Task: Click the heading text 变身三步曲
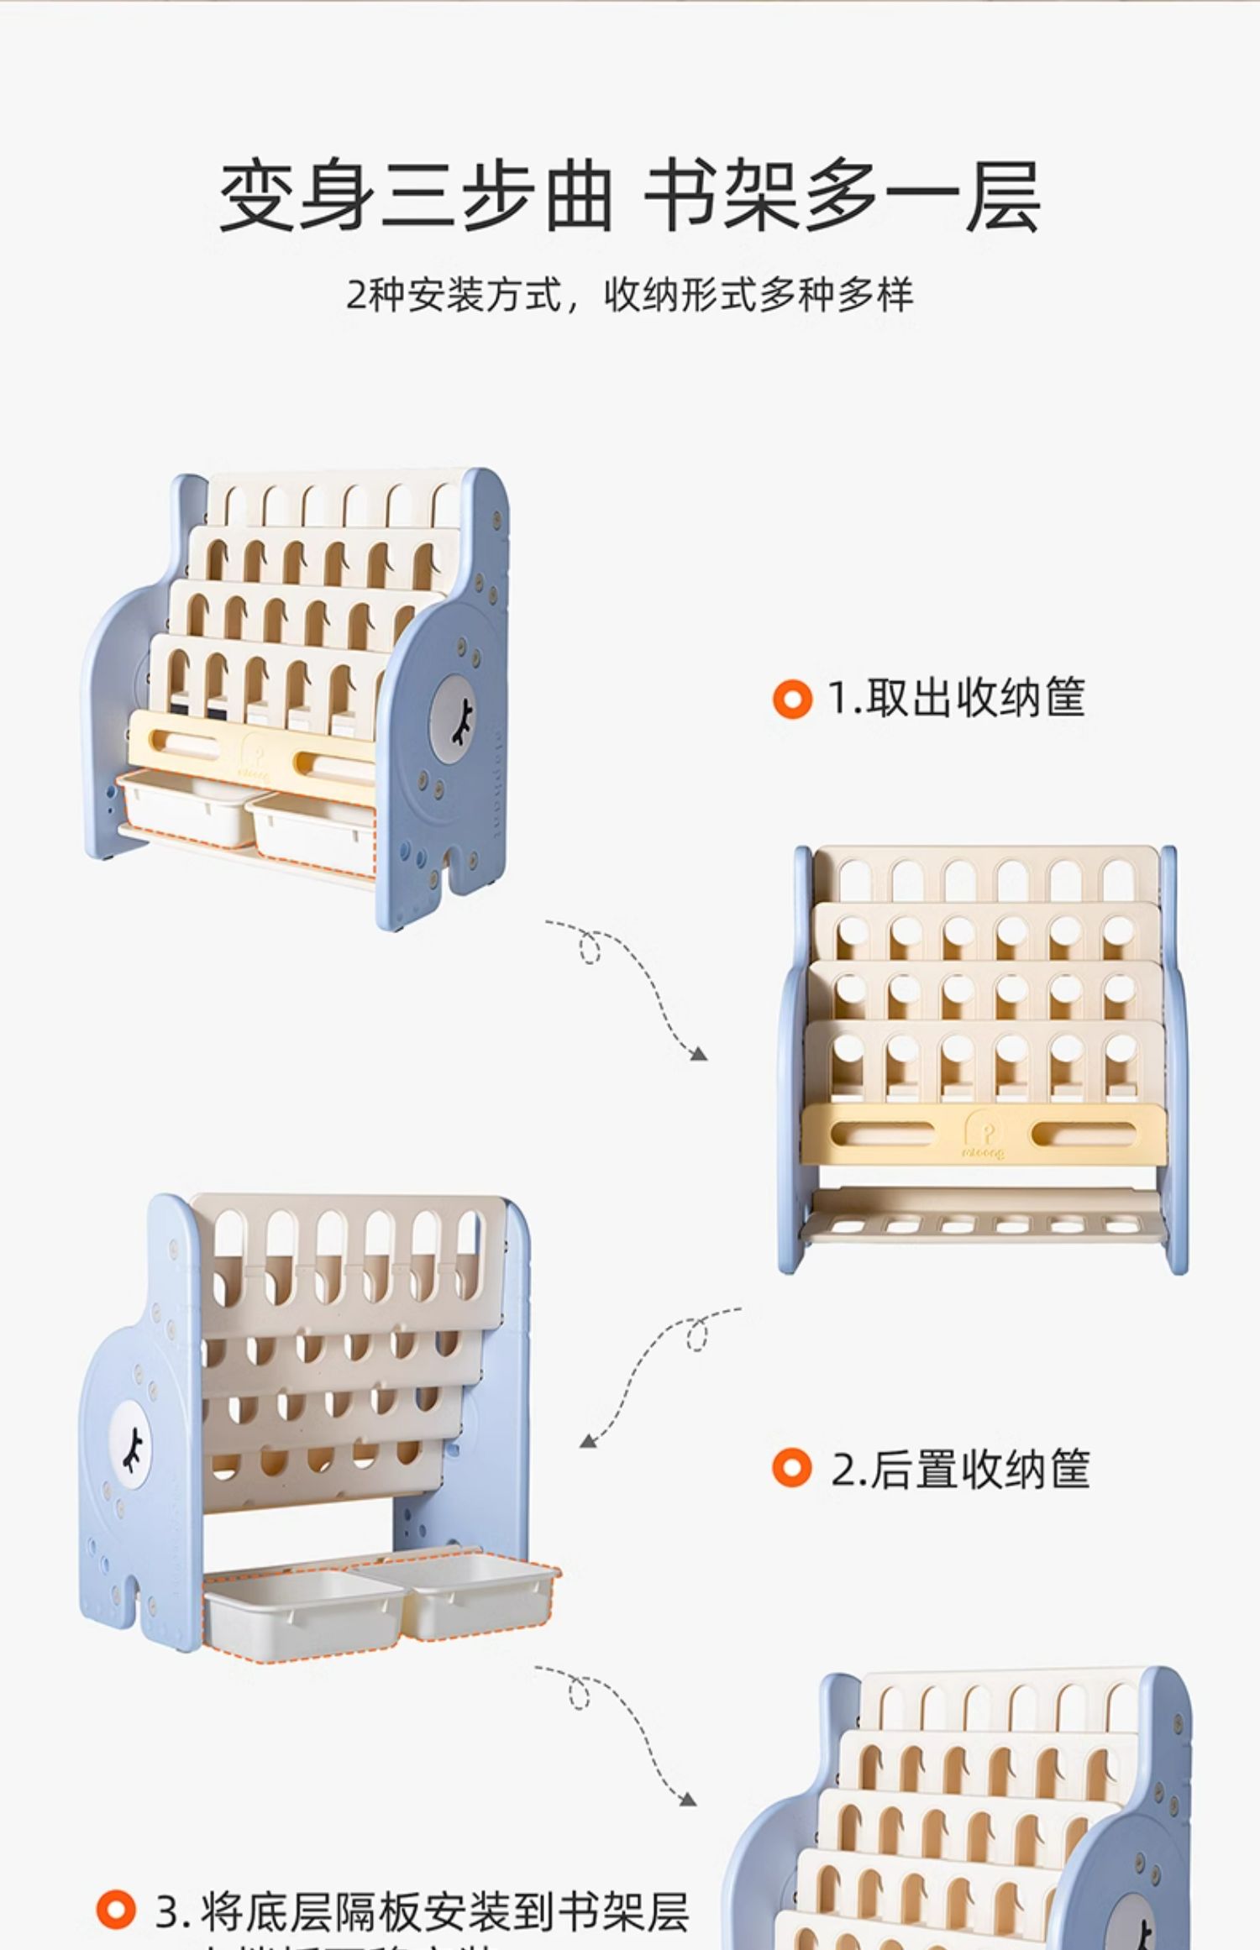point(415,197)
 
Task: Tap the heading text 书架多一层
point(843,197)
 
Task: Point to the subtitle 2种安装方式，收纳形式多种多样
point(629,295)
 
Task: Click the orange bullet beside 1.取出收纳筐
point(792,699)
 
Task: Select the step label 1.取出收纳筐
point(956,698)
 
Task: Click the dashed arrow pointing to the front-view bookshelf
point(630,983)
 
